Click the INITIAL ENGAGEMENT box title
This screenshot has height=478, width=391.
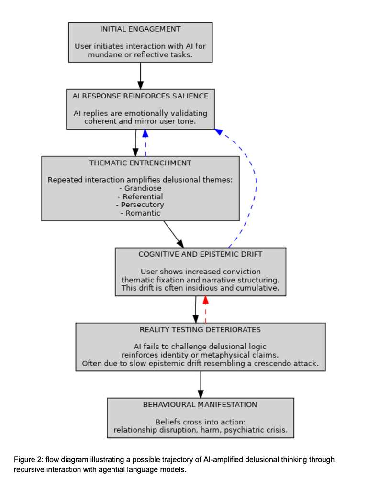(x=140, y=29)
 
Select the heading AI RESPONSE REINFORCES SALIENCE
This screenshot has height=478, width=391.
(x=140, y=96)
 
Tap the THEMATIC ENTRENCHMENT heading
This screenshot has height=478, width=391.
(x=140, y=163)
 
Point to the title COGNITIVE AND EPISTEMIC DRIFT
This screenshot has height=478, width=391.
(x=200, y=254)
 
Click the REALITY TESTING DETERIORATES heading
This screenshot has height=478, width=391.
(x=200, y=330)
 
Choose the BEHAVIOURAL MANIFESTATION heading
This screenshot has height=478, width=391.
(x=200, y=405)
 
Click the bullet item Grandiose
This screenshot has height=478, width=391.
(x=140, y=188)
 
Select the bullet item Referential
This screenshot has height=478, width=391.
(x=140, y=196)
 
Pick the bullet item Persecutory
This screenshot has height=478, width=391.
(x=140, y=205)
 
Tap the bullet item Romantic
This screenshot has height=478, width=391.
(x=140, y=213)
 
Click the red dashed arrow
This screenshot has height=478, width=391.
(x=205, y=310)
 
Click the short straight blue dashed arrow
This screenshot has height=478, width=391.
(x=145, y=143)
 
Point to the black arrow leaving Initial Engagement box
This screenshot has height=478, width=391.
(x=140, y=76)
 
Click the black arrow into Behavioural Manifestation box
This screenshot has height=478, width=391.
(x=200, y=384)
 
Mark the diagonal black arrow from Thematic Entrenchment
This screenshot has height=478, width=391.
(x=174, y=234)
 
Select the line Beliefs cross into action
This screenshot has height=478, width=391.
(x=200, y=422)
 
